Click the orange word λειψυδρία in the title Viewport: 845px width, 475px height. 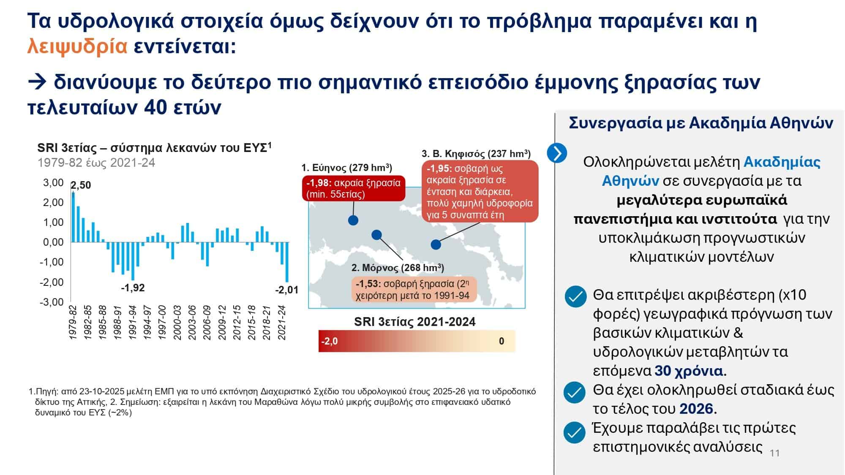77,46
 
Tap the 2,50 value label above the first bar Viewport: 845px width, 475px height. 81,185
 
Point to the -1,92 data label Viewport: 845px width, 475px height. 133,288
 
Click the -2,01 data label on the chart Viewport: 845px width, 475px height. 286,290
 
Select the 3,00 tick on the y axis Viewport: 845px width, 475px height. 53,183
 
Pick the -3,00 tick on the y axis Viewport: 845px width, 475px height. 52,302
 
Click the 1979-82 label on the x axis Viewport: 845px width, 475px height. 73,323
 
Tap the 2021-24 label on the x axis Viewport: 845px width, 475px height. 282,323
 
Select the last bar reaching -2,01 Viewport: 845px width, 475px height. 287,262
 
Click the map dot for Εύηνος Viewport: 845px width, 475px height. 353,220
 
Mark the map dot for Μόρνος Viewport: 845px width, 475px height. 376,235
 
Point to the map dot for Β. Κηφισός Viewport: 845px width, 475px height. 436,244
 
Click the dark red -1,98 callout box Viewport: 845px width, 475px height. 353,188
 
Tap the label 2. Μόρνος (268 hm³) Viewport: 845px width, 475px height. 398,268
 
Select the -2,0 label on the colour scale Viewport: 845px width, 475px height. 329,341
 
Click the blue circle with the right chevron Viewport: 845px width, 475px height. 557,153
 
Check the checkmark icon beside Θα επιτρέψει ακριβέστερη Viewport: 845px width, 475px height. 575,296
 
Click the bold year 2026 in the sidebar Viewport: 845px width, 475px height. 696,409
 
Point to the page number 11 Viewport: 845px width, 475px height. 774,453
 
